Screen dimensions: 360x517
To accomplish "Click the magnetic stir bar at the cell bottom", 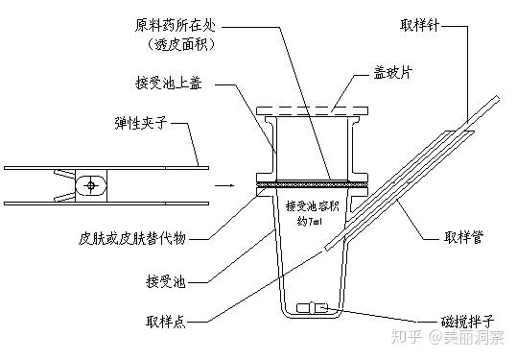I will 314,308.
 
